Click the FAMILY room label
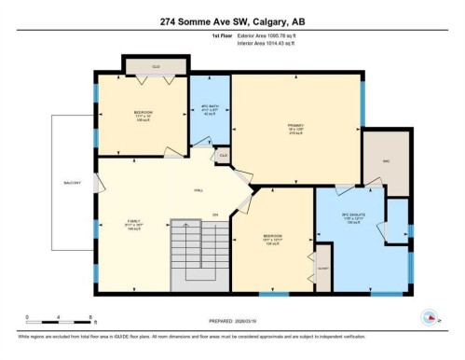134,223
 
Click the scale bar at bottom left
58,320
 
